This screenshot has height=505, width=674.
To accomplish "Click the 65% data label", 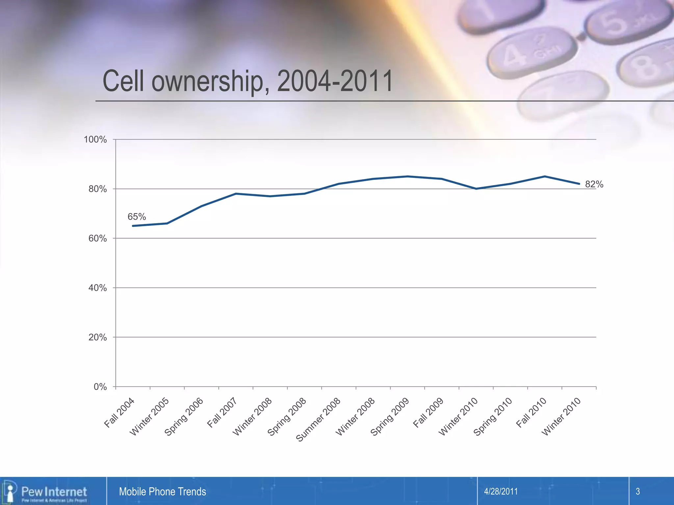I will (137, 217).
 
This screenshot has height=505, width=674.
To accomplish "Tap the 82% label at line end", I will (594, 184).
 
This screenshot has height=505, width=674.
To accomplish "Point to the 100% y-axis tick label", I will (95, 139).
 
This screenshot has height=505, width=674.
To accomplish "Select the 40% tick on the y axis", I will (97, 288).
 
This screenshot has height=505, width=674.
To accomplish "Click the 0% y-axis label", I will (100, 387).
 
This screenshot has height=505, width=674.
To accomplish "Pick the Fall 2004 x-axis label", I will (119, 413).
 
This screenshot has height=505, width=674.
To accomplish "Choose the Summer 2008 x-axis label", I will (318, 420).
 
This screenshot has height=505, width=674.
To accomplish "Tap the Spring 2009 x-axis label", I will (390, 417).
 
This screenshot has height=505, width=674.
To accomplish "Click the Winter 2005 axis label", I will (149, 417).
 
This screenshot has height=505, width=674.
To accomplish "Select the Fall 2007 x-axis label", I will (222, 413).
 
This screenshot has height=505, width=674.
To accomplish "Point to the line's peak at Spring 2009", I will (407, 177).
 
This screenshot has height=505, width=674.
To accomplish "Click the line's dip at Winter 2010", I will (476, 189).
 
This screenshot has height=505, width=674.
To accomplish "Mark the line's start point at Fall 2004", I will (133, 226).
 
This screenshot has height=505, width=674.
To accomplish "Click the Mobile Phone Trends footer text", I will (162, 492).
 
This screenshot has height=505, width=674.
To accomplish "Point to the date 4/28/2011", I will (501, 492).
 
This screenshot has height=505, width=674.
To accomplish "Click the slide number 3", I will (637, 492).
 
